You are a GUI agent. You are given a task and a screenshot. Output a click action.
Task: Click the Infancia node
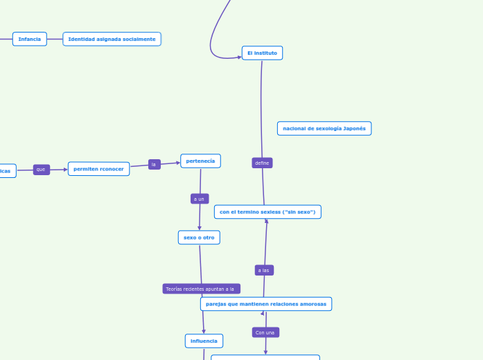point(29,39)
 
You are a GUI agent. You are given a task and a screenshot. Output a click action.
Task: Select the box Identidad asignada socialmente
point(112,39)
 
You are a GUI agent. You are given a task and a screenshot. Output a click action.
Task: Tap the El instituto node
point(262,53)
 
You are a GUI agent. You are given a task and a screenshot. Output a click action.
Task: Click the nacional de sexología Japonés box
point(324,128)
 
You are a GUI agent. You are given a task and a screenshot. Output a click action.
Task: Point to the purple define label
point(262,163)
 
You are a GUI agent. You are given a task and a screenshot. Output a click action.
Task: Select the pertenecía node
point(200,161)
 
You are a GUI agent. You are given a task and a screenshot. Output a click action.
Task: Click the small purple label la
point(154,164)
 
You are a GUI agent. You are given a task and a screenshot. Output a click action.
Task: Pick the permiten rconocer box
point(98,169)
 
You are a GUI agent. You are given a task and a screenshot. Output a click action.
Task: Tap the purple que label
point(41,170)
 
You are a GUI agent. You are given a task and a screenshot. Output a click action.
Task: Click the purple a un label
point(199,199)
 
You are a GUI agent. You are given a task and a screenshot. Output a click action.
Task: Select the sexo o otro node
point(199,237)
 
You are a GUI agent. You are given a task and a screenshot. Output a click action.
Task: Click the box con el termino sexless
point(267,212)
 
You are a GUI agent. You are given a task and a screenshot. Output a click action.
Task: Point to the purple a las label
point(263,270)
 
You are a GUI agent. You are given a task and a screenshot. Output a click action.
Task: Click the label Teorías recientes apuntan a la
point(201,289)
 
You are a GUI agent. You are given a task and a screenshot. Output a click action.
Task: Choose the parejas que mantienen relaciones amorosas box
point(266,304)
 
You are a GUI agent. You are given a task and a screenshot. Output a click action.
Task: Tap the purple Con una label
point(265,332)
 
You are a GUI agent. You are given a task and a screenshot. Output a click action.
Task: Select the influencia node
point(204,341)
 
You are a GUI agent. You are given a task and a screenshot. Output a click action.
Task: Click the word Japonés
point(354,128)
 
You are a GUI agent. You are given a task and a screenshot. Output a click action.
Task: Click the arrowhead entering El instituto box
point(238,57)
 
